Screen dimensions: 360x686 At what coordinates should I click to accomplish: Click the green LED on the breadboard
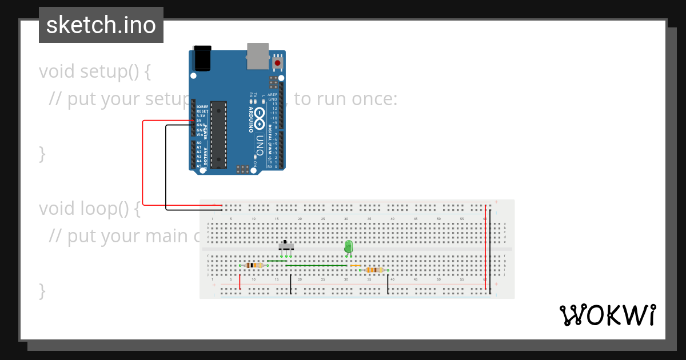(x=349, y=247)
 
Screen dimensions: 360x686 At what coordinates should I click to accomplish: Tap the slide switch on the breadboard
(x=286, y=246)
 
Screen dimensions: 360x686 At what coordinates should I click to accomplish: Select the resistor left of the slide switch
(x=254, y=265)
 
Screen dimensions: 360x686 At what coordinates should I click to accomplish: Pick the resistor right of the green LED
(x=374, y=270)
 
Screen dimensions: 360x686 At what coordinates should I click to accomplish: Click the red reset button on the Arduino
(x=278, y=62)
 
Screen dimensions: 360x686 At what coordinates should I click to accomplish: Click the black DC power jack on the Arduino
(x=202, y=58)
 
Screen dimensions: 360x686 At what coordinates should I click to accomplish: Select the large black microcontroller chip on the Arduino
(x=218, y=135)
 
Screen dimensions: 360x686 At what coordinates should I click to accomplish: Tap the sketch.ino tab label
(x=101, y=25)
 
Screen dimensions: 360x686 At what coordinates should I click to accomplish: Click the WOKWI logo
(x=607, y=315)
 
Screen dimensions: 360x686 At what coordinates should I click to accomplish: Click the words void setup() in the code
(x=95, y=72)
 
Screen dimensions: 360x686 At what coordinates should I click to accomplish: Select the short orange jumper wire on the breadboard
(x=355, y=266)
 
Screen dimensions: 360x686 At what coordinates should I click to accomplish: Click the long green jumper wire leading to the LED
(x=316, y=266)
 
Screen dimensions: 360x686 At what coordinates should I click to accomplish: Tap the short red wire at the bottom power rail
(x=240, y=282)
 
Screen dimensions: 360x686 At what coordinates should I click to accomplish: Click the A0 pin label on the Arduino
(x=199, y=143)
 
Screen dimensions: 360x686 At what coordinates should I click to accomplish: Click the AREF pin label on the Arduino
(x=273, y=95)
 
